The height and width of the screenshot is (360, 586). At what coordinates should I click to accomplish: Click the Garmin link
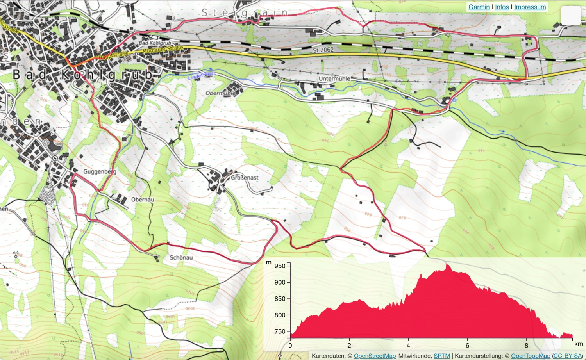click(x=479, y=7)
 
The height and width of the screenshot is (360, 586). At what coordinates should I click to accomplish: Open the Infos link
click(x=502, y=7)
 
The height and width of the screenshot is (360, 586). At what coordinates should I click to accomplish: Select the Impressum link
click(x=530, y=7)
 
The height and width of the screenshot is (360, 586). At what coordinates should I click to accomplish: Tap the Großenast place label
click(x=245, y=178)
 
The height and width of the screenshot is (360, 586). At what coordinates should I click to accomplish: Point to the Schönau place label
click(x=181, y=258)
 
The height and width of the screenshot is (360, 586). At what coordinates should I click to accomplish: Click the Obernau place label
click(x=143, y=200)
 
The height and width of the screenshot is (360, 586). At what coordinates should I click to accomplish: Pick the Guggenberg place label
click(x=100, y=171)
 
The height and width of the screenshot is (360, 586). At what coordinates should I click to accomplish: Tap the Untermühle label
click(x=334, y=78)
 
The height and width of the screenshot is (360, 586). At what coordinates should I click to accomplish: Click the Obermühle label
click(x=220, y=93)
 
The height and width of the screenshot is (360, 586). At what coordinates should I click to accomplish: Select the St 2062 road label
click(x=323, y=50)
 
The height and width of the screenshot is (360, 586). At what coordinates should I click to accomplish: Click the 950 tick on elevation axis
click(x=280, y=266)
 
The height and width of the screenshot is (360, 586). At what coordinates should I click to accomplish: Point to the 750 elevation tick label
click(x=280, y=331)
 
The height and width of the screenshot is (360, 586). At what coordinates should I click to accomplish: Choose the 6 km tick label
click(x=467, y=346)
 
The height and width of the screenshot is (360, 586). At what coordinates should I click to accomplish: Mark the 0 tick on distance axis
click(x=290, y=346)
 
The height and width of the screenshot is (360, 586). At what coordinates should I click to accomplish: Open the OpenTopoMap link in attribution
click(x=530, y=356)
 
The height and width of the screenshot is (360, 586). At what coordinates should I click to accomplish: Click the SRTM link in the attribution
click(x=441, y=356)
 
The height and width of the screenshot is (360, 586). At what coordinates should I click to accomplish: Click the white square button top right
click(x=570, y=16)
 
